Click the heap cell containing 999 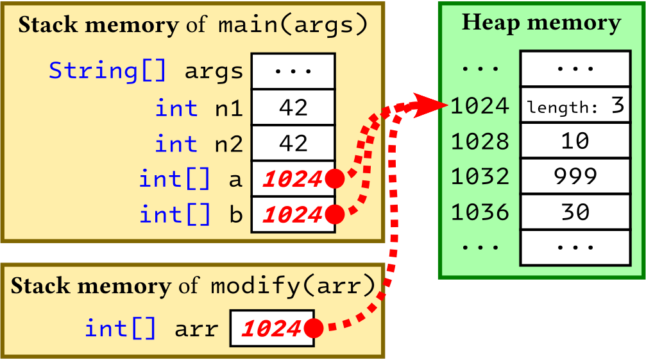pos(575,175)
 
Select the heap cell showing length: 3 pos(575,105)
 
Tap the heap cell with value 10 pos(575,141)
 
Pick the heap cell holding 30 pos(575,210)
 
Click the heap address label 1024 pos(480,106)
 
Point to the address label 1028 pos(480,141)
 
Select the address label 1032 pos(480,176)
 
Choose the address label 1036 pos(480,211)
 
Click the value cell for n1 pos(293,107)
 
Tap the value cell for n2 pos(293,142)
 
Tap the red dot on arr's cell pos(313,329)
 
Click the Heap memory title pos(541,24)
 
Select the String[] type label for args pos(108,71)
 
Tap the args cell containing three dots pos(293,71)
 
